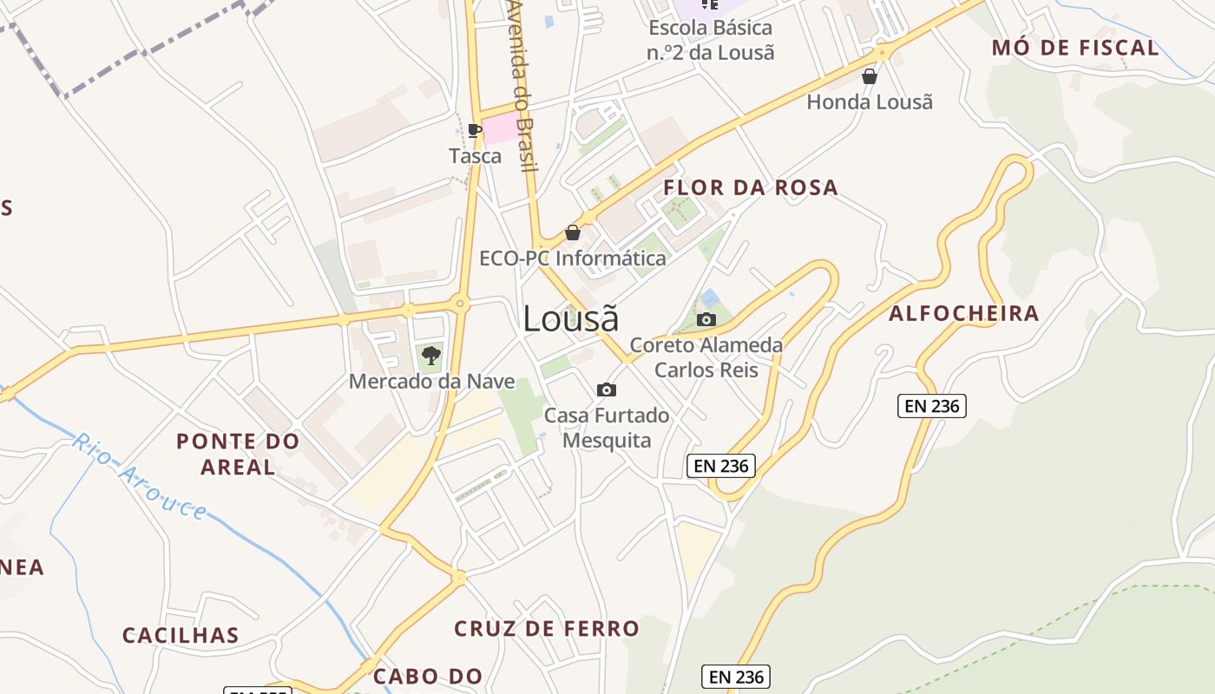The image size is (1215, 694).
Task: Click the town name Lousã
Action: tap(570, 319)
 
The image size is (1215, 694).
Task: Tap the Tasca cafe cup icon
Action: tap(474, 130)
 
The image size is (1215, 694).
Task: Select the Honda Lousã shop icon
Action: tap(870, 77)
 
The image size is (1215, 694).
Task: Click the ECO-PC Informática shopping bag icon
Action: tap(573, 232)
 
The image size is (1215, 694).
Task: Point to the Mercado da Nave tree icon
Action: tap(430, 355)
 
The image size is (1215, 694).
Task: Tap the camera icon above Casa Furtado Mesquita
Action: tap(607, 390)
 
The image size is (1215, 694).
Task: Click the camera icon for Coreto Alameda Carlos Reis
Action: tap(706, 319)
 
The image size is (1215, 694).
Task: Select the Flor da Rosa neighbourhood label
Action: tap(751, 187)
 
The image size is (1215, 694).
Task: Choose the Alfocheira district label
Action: tap(963, 313)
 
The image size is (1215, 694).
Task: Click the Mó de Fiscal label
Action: tap(1075, 48)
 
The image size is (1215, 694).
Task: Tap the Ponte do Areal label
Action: tap(238, 454)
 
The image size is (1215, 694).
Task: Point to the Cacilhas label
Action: tap(181, 635)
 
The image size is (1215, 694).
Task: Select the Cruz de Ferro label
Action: tap(547, 628)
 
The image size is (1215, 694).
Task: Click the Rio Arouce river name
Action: tap(139, 477)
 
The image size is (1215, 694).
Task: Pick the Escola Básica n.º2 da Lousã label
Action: tap(710, 40)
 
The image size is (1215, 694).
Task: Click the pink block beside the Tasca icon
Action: tap(502, 129)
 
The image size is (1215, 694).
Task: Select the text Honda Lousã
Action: tap(870, 102)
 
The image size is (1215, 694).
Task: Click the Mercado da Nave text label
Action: tap(431, 382)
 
